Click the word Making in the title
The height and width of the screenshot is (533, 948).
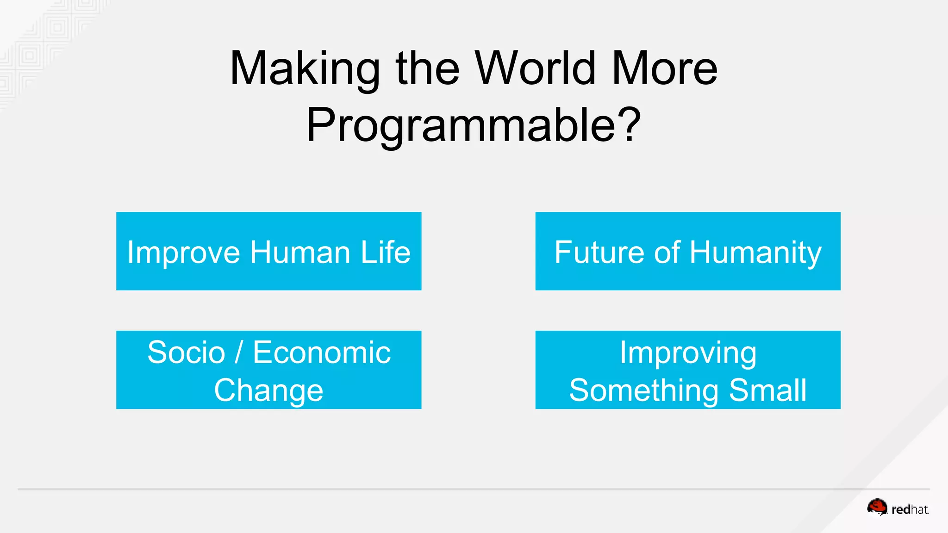(305, 69)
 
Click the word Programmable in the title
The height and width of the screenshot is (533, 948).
(461, 125)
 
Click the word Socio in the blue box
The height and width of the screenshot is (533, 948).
(186, 353)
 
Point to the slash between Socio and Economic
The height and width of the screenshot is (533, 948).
(239, 353)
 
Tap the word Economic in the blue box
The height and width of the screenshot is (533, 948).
(322, 353)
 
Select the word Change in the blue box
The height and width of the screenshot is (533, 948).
(268, 391)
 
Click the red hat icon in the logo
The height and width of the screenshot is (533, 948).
(877, 507)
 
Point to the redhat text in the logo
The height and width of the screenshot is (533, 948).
(910, 509)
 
